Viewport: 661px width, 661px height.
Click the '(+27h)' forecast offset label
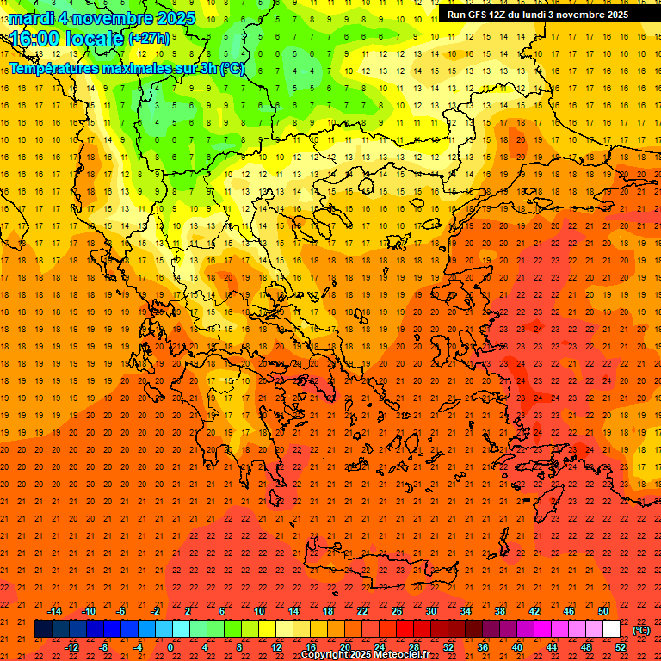[149, 39]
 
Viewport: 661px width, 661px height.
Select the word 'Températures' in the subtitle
[59, 69]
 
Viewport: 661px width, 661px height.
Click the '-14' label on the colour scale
[54, 610]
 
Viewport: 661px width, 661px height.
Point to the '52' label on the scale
[621, 647]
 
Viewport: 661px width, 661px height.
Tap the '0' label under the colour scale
[170, 647]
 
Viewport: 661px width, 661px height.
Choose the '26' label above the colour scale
[397, 610]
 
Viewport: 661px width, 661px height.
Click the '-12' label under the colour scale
[72, 647]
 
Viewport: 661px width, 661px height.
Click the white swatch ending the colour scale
[611, 629]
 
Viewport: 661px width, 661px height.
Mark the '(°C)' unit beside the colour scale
[642, 630]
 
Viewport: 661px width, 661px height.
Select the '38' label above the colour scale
[500, 610]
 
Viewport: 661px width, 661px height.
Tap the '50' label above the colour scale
[603, 610]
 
